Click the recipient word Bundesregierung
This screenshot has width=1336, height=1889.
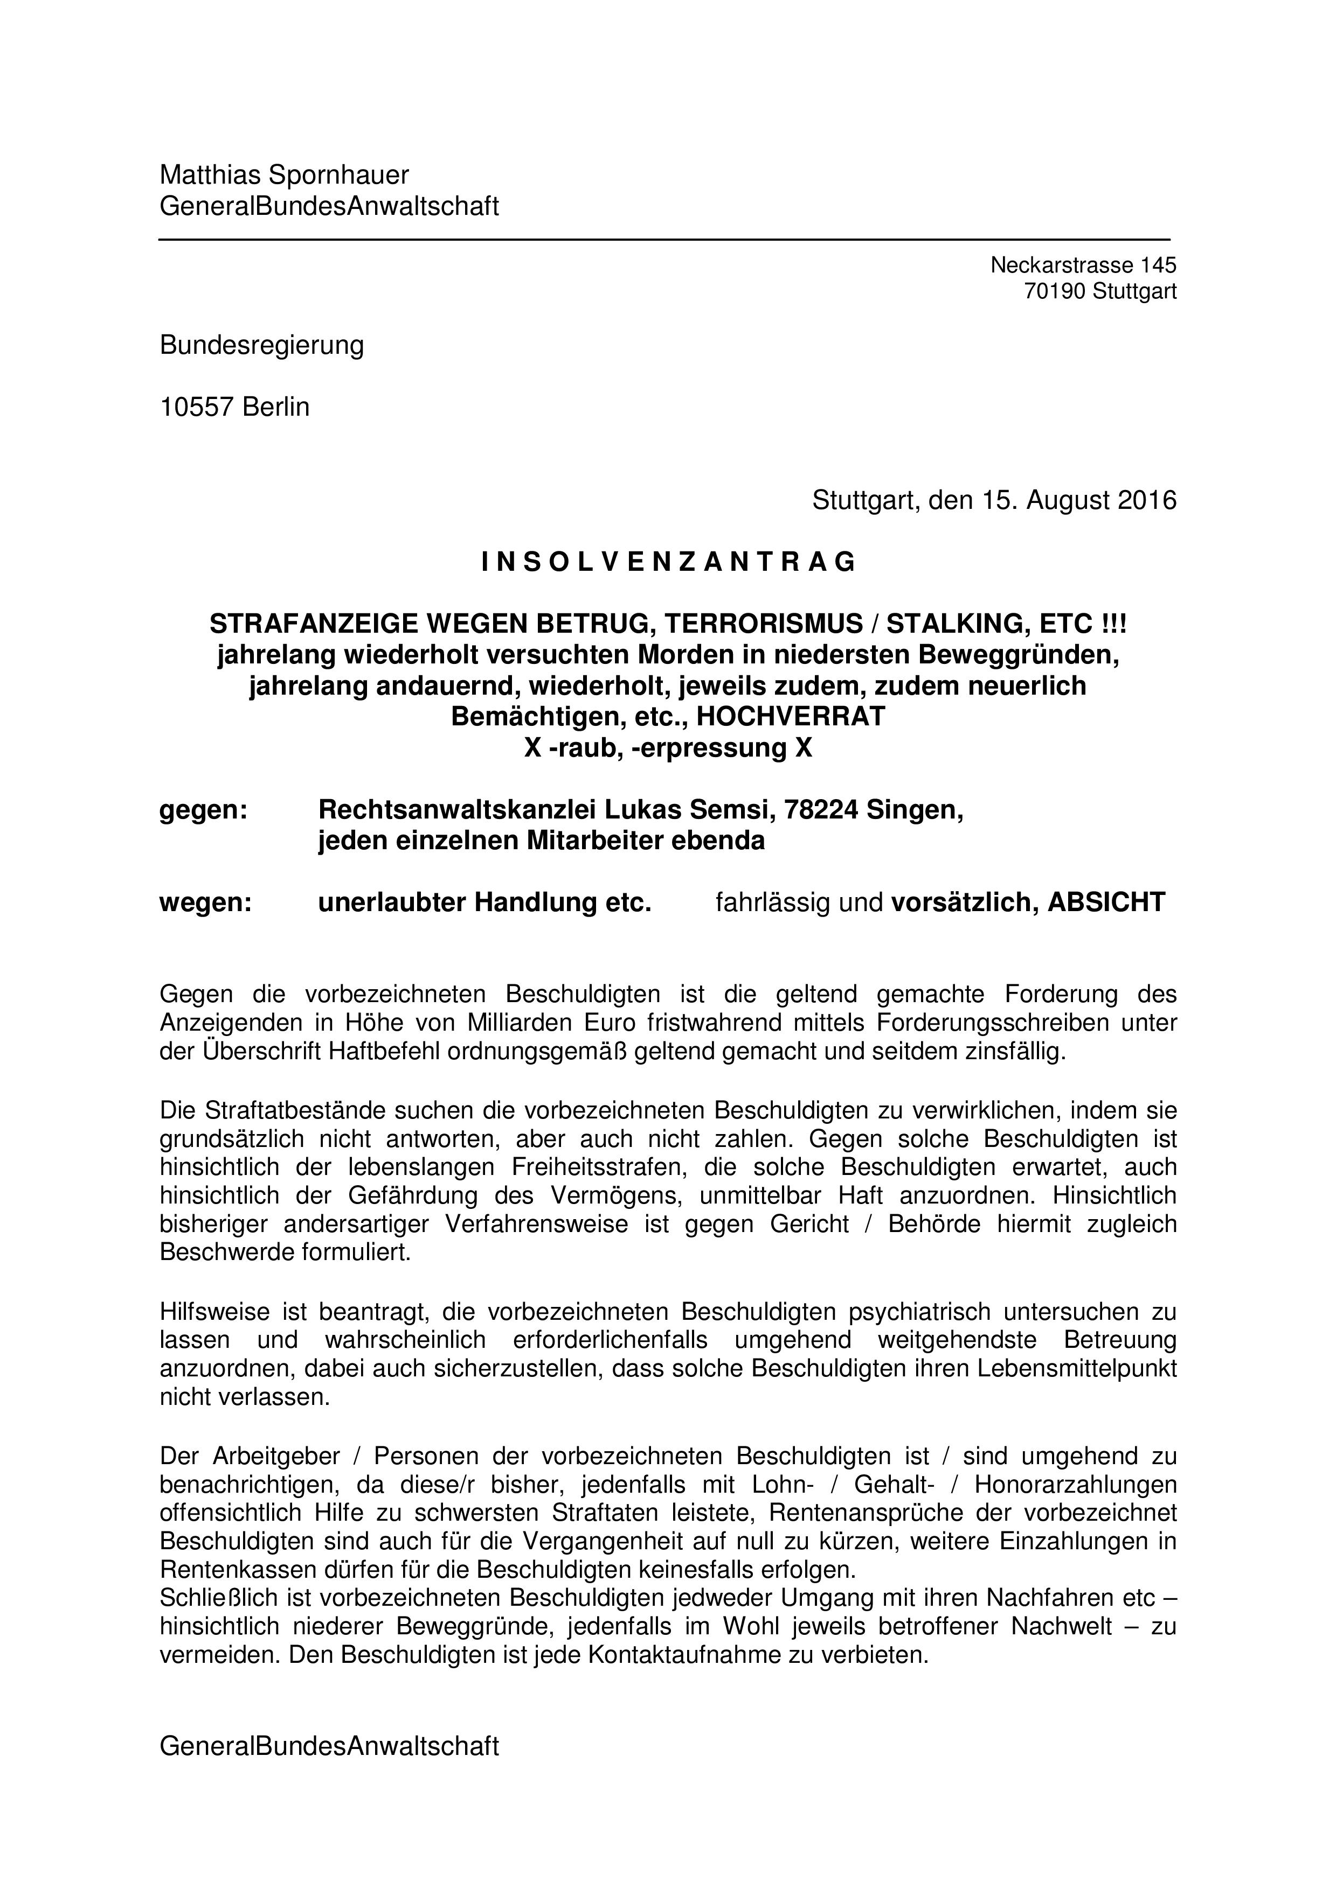click(262, 345)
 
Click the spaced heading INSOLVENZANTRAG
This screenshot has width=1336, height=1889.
click(668, 562)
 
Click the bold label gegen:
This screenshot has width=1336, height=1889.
click(203, 810)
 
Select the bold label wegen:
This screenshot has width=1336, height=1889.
click(205, 902)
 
